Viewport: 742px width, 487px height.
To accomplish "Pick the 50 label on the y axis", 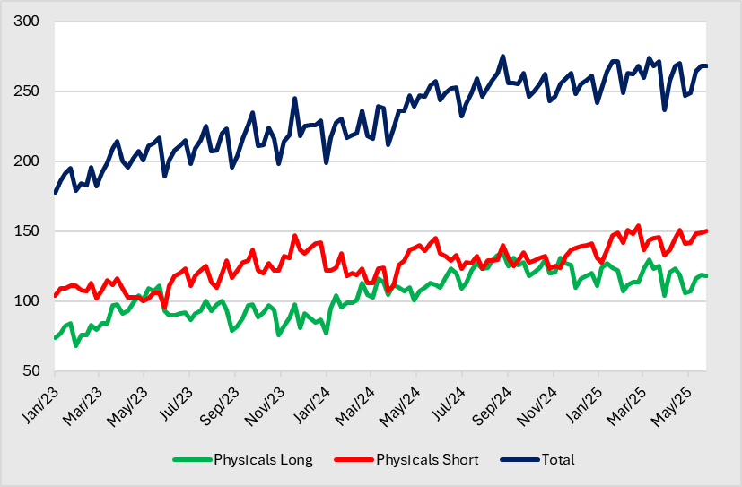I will coord(31,371).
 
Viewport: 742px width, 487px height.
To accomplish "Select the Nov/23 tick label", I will coord(266,396).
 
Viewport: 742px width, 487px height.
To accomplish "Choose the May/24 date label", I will coord(401,396).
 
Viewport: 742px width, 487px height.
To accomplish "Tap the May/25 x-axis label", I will coord(672,396).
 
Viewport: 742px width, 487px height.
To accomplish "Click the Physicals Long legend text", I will coord(263,460).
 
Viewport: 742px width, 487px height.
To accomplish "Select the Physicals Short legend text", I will coord(427,460).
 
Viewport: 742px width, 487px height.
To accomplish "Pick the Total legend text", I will coord(557,460).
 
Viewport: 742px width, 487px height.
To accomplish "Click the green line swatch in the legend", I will coord(191,460).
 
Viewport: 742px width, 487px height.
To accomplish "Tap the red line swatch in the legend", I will coord(354,460).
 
